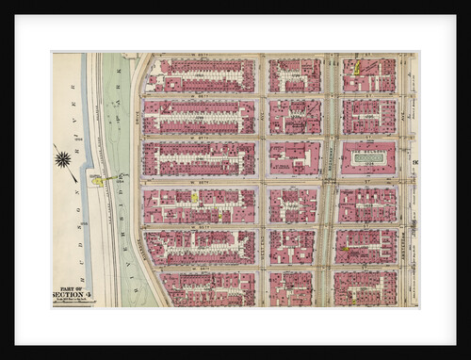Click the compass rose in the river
click(63, 158)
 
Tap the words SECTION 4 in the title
click(71, 295)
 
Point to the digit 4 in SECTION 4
click(89, 295)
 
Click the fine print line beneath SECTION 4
click(72, 302)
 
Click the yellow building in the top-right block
click(357, 68)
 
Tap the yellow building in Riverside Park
click(96, 179)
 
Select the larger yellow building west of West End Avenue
click(195, 198)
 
